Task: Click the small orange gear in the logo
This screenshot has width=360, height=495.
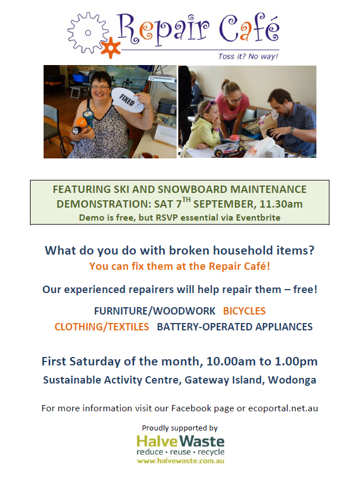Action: [x=110, y=48]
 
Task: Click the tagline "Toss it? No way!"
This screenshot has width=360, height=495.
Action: [x=248, y=57]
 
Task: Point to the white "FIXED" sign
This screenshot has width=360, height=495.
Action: [x=127, y=100]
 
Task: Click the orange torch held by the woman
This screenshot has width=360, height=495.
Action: [x=82, y=124]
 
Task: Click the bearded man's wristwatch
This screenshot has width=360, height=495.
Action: [x=293, y=130]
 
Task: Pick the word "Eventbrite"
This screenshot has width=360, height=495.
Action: [x=258, y=217]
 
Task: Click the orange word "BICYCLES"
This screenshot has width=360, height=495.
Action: [x=244, y=311]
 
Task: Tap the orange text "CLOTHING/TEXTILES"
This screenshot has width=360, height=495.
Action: [x=101, y=327]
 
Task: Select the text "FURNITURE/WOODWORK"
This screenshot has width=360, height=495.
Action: [x=155, y=311]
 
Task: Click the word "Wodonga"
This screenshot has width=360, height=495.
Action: [x=292, y=380]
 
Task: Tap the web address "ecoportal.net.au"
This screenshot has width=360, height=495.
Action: [x=283, y=408]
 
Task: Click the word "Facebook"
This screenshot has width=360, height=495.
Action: [x=192, y=408]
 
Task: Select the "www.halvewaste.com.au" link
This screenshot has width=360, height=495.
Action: [x=181, y=461]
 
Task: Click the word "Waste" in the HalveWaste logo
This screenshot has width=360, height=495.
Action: [x=202, y=441]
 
